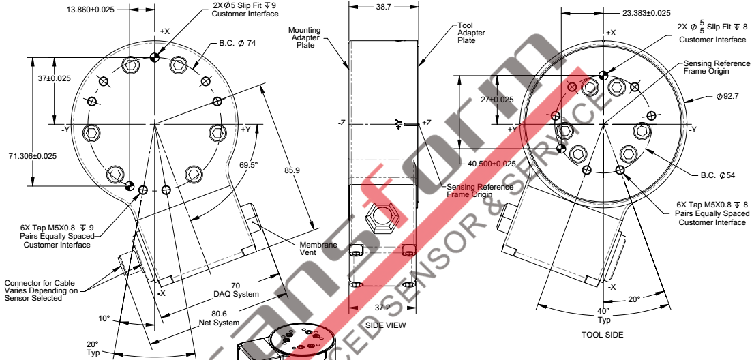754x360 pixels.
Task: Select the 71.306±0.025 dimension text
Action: tap(29, 156)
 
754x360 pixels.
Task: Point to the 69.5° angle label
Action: tap(249, 165)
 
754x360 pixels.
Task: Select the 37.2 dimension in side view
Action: tap(384, 309)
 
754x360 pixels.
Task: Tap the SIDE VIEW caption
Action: tap(385, 325)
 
